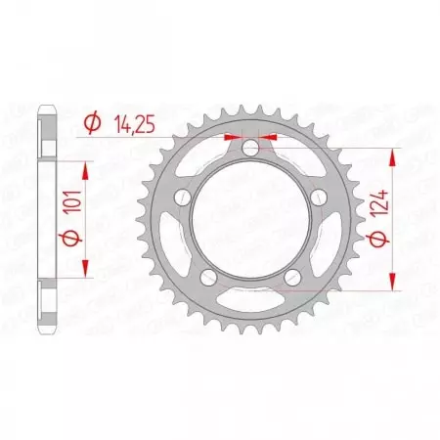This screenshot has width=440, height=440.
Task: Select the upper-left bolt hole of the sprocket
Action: [x=181, y=198]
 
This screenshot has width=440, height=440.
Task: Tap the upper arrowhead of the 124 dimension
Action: [x=395, y=156]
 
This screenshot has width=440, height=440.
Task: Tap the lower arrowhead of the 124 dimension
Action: [x=395, y=285]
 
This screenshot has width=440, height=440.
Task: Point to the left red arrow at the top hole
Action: [x=232, y=137]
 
